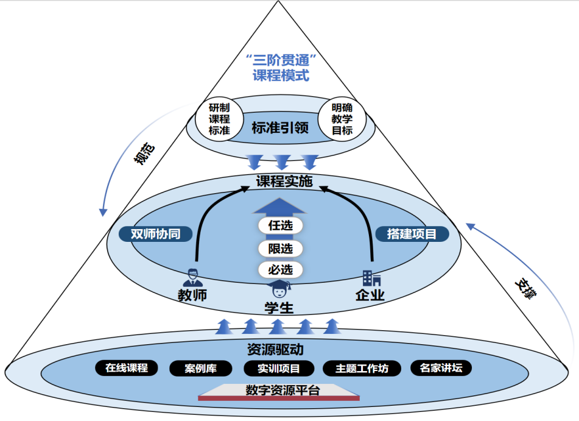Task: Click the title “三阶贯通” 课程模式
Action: coord(281,68)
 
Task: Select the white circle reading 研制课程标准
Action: coord(219,117)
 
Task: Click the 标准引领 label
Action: coord(280,128)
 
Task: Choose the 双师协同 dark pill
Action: coord(155,234)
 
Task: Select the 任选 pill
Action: coord(280,225)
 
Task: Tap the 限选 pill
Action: coord(280,248)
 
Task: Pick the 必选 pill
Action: coord(280,269)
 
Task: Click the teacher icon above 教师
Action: coord(193,277)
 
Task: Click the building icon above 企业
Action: coord(371,278)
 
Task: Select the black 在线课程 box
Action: coord(127,368)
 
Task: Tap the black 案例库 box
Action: coord(201,369)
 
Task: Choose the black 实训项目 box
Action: coord(279,369)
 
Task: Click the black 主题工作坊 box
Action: coord(362,369)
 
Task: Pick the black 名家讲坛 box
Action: coord(441,368)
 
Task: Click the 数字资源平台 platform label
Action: coord(282,391)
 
